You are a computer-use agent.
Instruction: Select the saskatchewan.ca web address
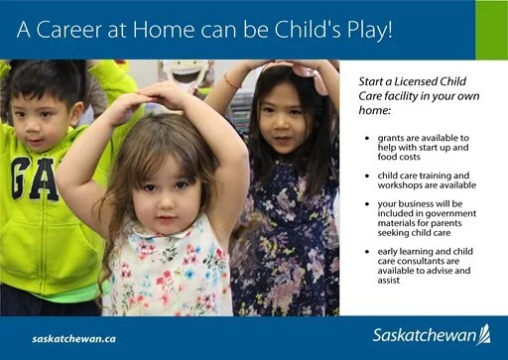(73, 337)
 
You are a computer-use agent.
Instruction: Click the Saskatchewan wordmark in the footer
(424, 335)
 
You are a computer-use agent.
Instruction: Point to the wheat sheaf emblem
(484, 334)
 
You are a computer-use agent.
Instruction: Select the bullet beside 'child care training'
(368, 175)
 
